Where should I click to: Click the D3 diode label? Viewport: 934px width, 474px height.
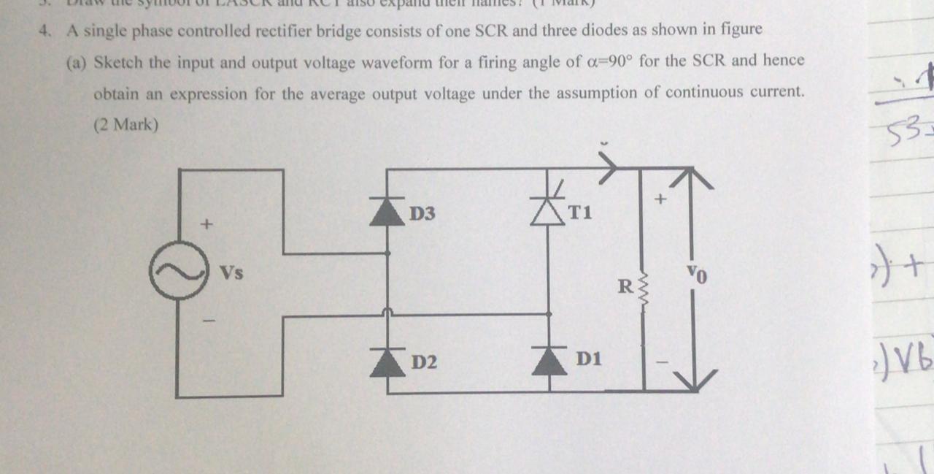point(422,214)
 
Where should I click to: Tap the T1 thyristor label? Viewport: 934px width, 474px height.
point(581,213)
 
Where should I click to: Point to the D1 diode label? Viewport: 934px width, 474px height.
point(588,359)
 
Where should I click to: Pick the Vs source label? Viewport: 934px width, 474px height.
point(232,274)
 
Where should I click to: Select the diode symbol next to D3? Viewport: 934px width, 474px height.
point(387,211)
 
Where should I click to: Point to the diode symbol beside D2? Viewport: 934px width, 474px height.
point(387,362)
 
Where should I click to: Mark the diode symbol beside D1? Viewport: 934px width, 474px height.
point(549,361)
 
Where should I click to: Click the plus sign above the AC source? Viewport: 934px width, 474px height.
point(207,224)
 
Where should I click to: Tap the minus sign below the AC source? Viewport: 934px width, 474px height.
point(207,319)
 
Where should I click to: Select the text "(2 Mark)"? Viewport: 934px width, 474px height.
point(126,125)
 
